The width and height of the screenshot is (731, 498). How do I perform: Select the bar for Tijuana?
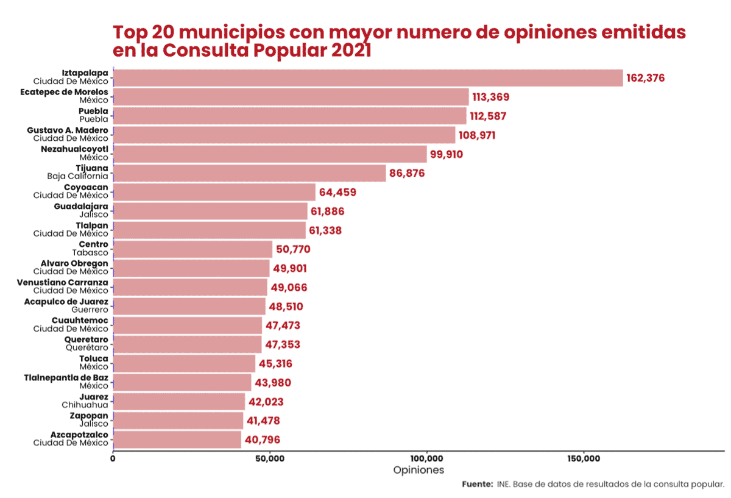[x=250, y=173]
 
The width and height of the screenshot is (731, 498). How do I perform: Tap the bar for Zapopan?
[x=178, y=421]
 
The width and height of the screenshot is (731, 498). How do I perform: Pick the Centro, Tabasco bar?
[x=192, y=249]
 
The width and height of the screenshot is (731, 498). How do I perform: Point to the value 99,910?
[x=447, y=154]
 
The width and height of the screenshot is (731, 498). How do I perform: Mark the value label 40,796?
[x=262, y=439]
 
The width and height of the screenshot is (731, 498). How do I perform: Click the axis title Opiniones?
[x=418, y=470]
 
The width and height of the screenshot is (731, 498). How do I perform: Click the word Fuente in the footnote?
[x=477, y=485]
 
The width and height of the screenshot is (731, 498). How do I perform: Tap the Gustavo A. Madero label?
[x=68, y=130]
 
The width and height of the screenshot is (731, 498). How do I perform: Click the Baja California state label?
[x=77, y=176]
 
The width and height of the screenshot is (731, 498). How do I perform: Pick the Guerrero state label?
[x=90, y=310]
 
